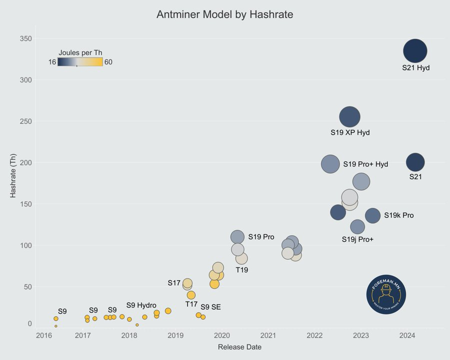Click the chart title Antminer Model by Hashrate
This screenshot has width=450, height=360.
(224, 15)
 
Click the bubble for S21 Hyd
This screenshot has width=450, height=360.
(415, 51)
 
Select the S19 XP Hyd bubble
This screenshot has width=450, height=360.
(349, 117)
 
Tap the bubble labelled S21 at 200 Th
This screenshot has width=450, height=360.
(415, 162)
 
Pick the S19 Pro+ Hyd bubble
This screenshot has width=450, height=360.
(330, 164)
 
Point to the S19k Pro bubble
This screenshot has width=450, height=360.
(372, 215)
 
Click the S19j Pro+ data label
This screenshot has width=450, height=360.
(357, 239)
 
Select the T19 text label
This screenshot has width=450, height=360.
(242, 270)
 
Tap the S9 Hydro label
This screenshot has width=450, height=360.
(141, 305)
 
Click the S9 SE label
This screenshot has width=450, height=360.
(210, 307)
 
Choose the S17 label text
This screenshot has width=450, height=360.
(173, 283)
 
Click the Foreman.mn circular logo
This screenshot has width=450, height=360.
(385, 294)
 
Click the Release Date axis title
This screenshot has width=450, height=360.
(239, 346)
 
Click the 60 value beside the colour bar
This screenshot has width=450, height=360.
(108, 62)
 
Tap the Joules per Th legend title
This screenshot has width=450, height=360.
(80, 52)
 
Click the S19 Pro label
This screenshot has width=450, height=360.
(261, 237)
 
